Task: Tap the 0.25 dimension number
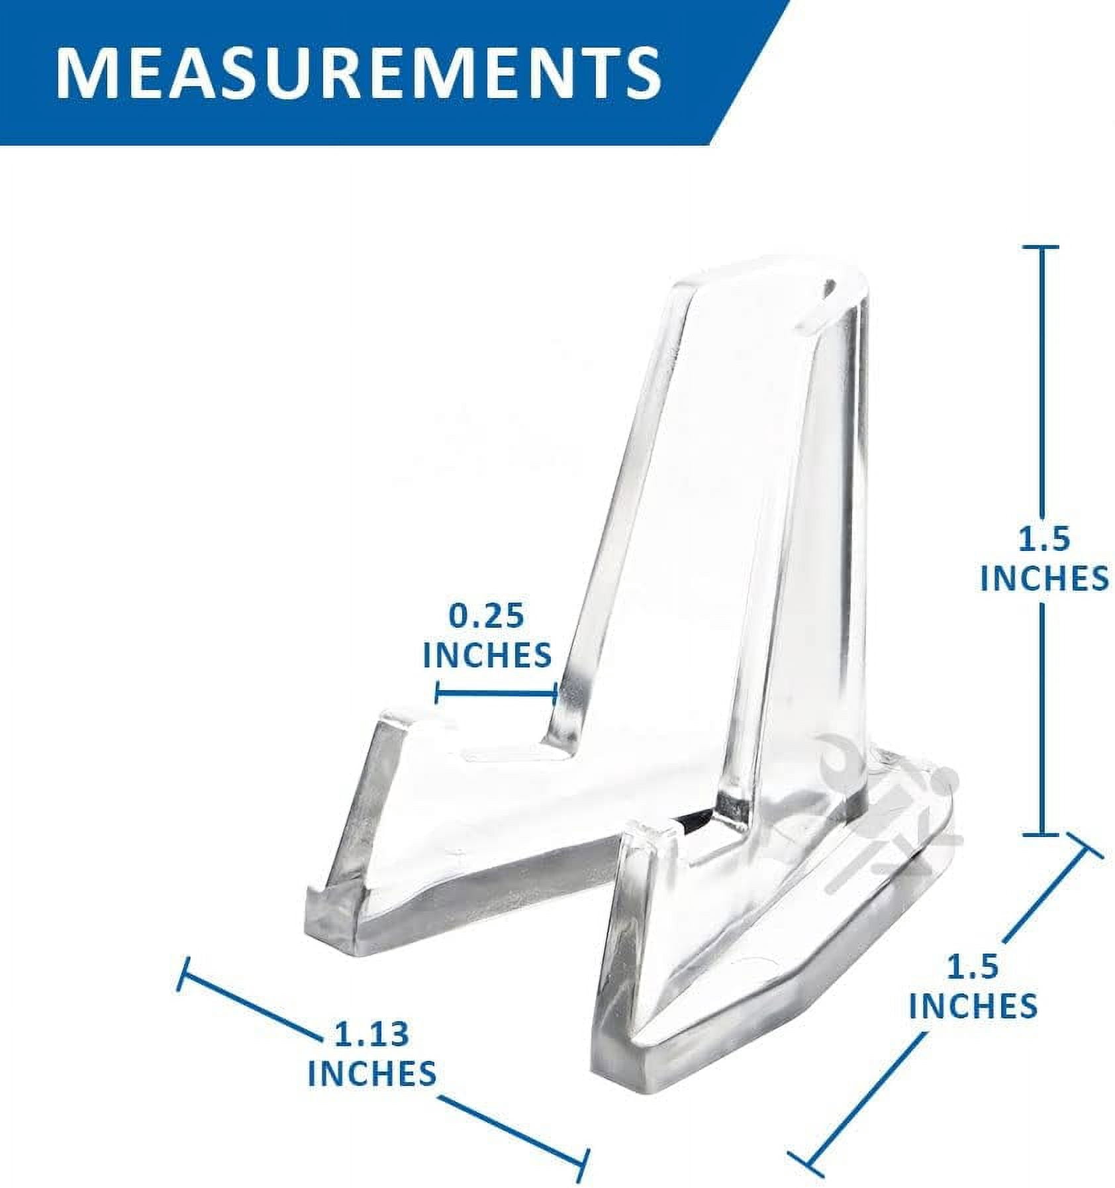(486, 616)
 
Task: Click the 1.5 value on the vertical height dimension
(1043, 539)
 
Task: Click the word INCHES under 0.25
(487, 655)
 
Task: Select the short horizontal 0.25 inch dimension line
(496, 694)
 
